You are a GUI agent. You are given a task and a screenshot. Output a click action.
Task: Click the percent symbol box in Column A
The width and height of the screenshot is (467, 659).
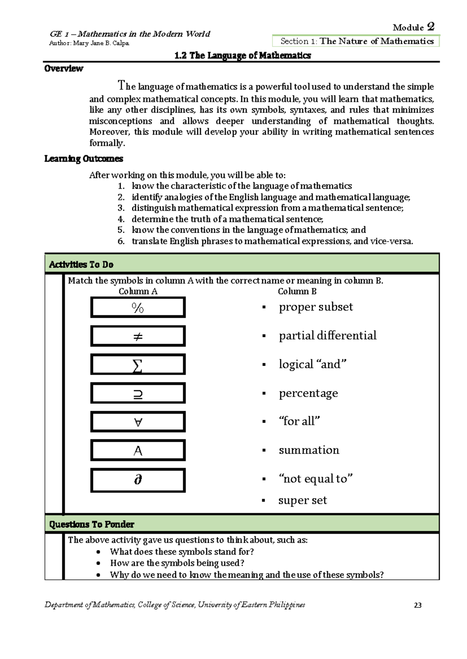click(x=138, y=307)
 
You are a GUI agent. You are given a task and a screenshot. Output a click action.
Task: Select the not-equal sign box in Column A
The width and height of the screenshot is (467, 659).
click(x=138, y=336)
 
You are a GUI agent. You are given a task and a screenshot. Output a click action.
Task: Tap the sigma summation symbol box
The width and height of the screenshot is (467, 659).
click(x=138, y=365)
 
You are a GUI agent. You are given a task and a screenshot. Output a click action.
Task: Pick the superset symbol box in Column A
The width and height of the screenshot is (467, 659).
click(x=138, y=394)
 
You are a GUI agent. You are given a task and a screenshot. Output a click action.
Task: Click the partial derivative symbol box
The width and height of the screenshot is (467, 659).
click(x=138, y=480)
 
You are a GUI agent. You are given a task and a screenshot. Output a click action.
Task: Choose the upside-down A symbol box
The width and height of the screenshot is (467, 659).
click(x=138, y=422)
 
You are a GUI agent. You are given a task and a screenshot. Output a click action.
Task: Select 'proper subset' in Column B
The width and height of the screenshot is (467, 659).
click(x=316, y=307)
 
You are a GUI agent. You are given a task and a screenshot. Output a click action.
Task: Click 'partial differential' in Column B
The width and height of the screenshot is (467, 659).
click(x=327, y=336)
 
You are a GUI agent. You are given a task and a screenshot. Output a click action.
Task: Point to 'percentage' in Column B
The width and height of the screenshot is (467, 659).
click(x=308, y=393)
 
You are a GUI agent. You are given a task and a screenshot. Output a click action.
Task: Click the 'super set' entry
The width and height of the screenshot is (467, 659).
click(x=302, y=500)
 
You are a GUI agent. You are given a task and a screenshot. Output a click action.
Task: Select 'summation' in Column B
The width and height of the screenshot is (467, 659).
click(x=309, y=450)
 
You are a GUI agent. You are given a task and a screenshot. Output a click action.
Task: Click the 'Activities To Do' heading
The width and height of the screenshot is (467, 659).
click(x=81, y=265)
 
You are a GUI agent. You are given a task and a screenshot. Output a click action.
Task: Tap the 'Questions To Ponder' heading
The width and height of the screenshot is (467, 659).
click(x=91, y=525)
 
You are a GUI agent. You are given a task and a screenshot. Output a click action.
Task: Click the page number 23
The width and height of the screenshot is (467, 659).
click(x=418, y=605)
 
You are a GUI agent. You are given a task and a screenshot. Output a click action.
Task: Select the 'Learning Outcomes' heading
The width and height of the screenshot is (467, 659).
click(x=84, y=159)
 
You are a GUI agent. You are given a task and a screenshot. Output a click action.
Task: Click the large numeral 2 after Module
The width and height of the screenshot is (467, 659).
click(x=430, y=26)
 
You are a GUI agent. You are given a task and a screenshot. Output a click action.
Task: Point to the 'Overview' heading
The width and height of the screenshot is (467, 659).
click(x=63, y=69)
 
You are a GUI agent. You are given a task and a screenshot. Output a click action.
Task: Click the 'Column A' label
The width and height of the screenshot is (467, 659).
click(x=138, y=291)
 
